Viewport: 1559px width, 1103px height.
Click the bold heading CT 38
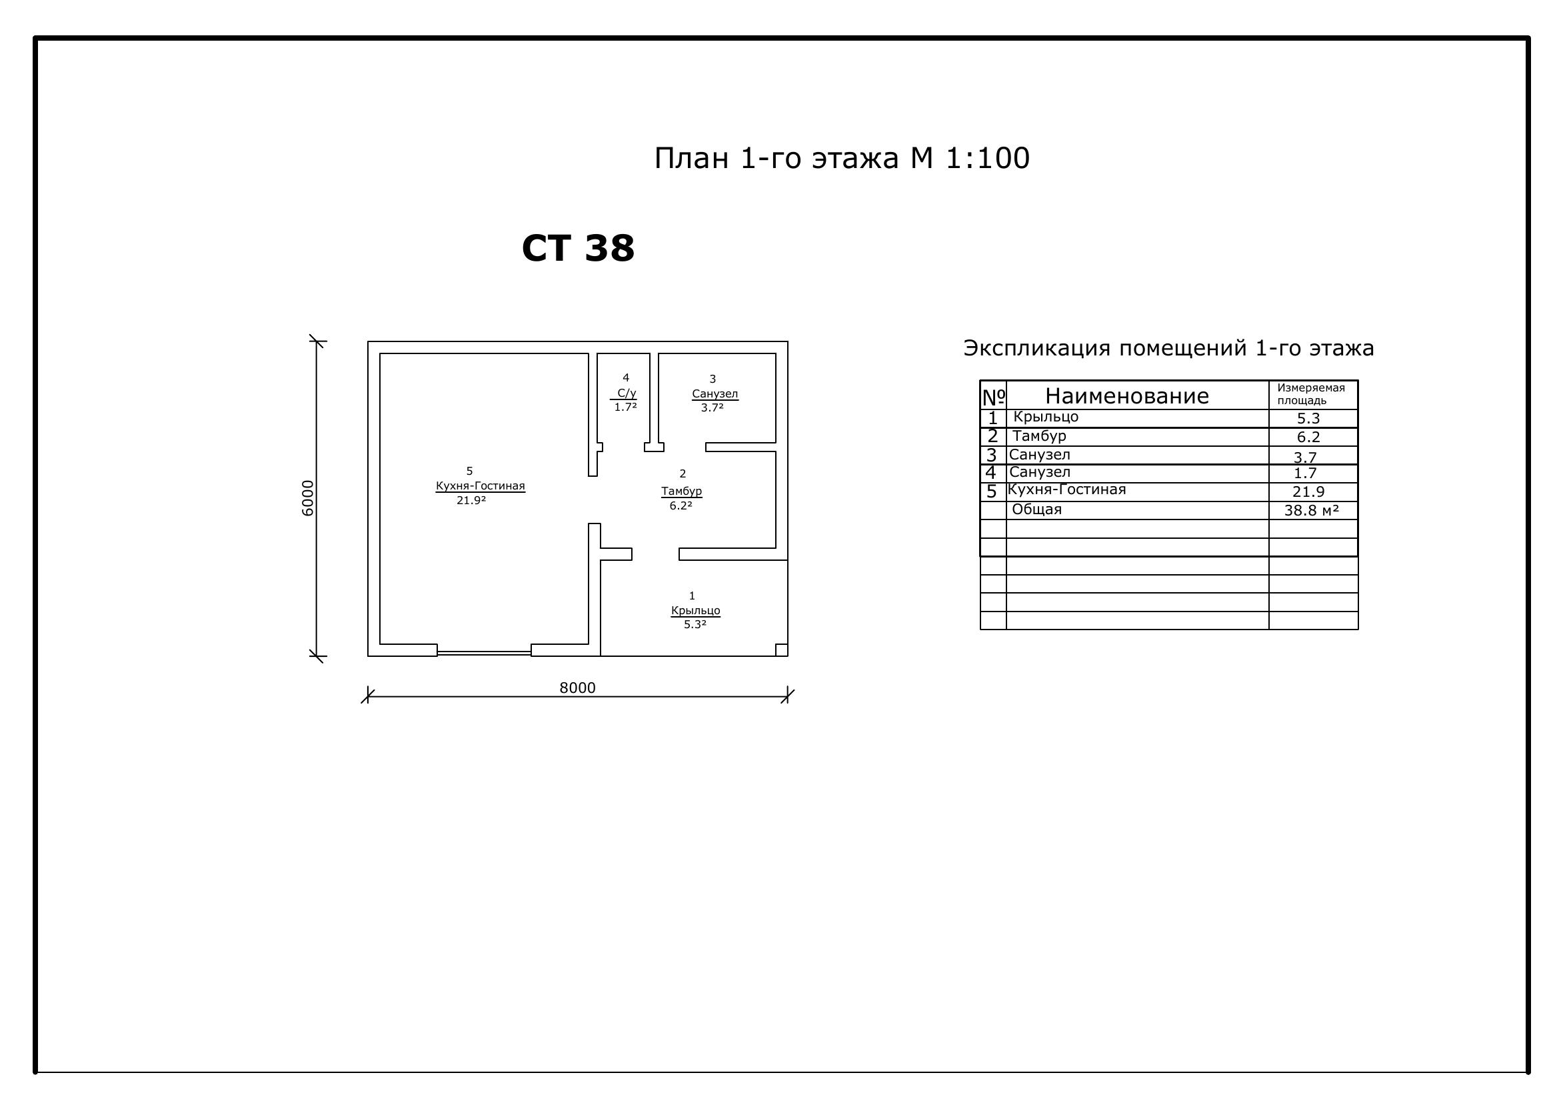coord(578,248)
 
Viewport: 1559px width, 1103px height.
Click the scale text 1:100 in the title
coord(987,158)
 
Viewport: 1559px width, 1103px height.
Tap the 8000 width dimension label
coord(577,688)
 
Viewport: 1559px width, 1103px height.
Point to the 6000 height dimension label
coord(307,498)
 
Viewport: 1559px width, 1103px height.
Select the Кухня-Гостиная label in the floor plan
coord(480,485)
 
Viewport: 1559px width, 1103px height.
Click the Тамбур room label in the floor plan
coord(682,490)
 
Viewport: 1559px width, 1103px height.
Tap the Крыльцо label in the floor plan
coord(695,610)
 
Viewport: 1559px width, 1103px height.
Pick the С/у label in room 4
coord(627,393)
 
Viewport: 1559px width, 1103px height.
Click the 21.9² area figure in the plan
coord(471,501)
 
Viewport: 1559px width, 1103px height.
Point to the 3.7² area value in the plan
coord(713,407)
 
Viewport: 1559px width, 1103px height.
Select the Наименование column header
coord(1127,395)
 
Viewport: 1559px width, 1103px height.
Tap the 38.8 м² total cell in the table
coord(1311,510)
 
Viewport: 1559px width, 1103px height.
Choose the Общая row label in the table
coord(1036,509)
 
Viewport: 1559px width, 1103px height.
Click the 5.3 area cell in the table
coord(1308,418)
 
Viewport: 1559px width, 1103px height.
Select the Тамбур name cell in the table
coord(1039,436)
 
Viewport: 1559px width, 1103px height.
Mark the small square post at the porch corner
coord(782,650)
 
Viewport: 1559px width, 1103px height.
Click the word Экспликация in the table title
coord(1038,348)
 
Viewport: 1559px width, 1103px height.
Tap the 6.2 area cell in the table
coord(1308,437)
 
